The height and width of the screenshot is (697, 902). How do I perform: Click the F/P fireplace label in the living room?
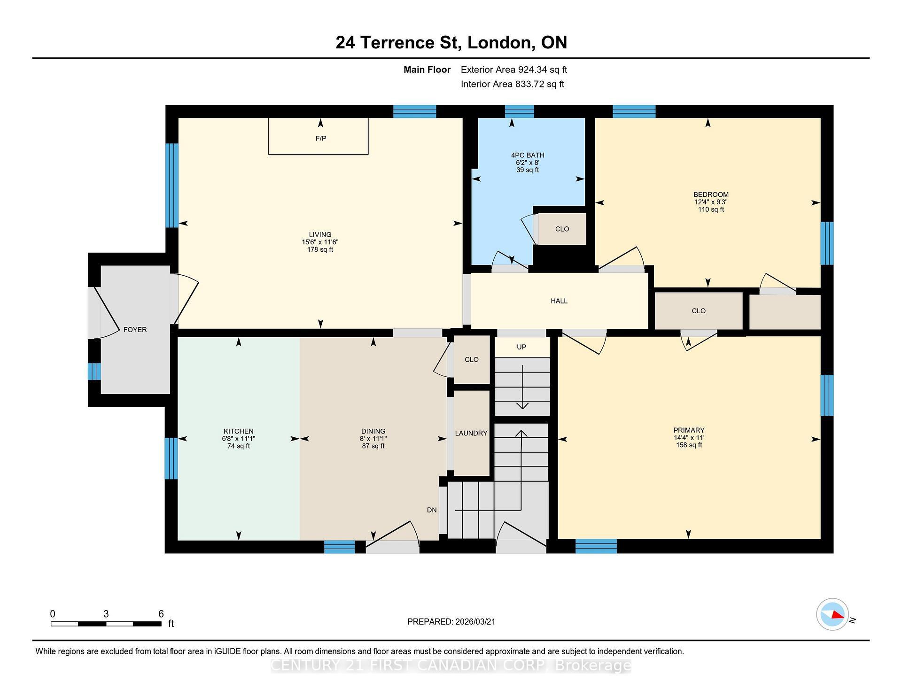321,139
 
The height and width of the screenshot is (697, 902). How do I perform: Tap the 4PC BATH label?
528,155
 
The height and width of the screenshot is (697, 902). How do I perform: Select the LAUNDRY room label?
471,434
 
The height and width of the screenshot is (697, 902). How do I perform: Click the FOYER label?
135,330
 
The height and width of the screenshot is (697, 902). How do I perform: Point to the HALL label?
559,301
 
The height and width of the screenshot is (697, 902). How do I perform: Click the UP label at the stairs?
521,347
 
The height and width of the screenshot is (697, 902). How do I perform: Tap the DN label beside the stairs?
432,510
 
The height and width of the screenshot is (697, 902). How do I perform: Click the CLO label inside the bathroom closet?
562,229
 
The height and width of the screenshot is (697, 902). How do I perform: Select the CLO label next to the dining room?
472,360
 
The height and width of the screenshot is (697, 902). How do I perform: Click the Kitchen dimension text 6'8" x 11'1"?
239,439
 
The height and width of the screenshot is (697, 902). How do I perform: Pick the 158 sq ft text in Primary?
689,445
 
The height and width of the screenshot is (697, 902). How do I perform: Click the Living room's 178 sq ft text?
320,250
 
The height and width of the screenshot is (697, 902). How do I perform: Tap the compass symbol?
832,614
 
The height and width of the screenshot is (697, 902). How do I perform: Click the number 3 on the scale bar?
106,614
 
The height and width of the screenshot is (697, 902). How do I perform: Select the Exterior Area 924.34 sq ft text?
514,70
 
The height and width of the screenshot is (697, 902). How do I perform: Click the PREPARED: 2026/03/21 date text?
451,622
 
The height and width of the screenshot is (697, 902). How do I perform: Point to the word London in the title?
501,43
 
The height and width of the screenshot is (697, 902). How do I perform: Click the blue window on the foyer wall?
94,372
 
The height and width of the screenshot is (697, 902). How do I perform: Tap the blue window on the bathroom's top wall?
520,112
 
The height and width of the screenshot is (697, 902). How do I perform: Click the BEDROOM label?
711,195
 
